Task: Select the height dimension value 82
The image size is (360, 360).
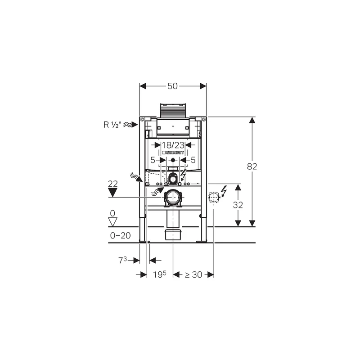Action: [x=252, y=166]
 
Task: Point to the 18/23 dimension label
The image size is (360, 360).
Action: [x=173, y=145]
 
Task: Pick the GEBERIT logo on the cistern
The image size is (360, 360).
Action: [x=173, y=153]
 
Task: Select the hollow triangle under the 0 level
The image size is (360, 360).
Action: [x=113, y=222]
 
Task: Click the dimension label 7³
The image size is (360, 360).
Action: [x=123, y=260]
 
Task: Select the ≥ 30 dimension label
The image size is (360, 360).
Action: [x=194, y=274]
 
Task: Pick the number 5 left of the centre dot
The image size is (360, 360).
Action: [x=153, y=160]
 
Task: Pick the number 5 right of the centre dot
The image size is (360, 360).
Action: [x=193, y=160]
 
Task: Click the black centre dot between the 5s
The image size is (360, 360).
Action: [x=173, y=160]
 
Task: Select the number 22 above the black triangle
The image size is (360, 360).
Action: [x=113, y=184]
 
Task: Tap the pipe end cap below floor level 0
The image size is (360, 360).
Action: [x=173, y=235]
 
